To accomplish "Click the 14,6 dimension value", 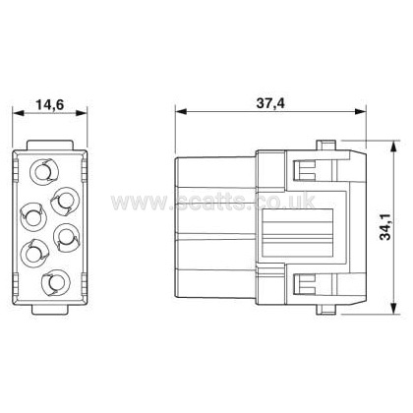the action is click(x=49, y=104).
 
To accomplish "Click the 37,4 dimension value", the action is click(x=270, y=103).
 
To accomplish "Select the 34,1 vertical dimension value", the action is click(x=385, y=226).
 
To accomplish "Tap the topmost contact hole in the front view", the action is click(x=44, y=171).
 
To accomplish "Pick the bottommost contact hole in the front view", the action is click(x=56, y=281).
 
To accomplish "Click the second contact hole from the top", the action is click(x=65, y=200).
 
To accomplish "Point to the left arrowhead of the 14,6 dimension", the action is click(x=19, y=113).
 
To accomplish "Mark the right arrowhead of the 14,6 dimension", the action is click(x=81, y=113).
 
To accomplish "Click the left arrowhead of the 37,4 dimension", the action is click(x=181, y=112).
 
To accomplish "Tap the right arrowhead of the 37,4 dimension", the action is click(x=360, y=112).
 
